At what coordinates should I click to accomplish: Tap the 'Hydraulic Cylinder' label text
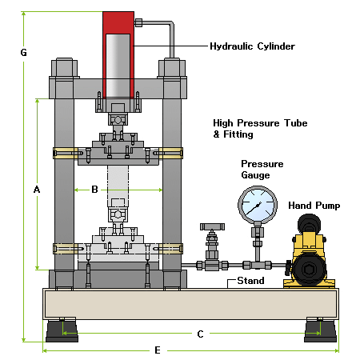click(x=252, y=46)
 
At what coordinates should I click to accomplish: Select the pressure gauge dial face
click(x=258, y=205)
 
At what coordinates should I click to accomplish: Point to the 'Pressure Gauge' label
click(x=262, y=170)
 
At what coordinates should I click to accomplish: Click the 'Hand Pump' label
click(x=314, y=206)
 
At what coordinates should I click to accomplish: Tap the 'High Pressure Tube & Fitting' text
click(x=260, y=129)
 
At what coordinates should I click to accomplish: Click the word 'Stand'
click(x=250, y=281)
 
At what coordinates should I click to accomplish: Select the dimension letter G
click(x=23, y=53)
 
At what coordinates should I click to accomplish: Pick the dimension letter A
click(x=37, y=190)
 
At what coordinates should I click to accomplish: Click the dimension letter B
click(x=94, y=190)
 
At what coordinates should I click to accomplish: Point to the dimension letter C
click(x=200, y=334)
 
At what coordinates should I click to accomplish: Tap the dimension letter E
click(x=158, y=350)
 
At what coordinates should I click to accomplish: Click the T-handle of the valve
click(x=212, y=226)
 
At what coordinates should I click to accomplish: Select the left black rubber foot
click(x=62, y=331)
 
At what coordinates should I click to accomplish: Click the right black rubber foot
click(x=320, y=331)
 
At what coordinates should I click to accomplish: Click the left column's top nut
click(x=64, y=68)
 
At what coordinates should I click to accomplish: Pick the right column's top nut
click(x=172, y=68)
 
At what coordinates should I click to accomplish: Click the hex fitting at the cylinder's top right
click(x=138, y=22)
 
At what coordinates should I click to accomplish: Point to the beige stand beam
click(x=191, y=304)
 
